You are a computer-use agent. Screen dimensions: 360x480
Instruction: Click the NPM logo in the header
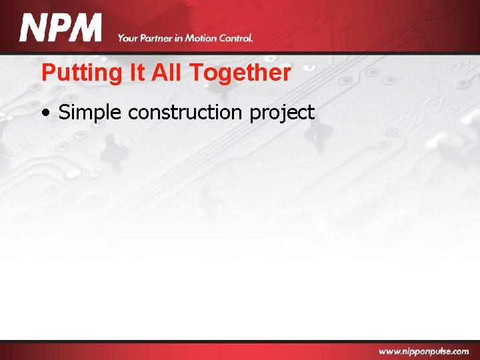pyautogui.click(x=61, y=29)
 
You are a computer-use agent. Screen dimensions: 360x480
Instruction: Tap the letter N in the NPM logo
pyautogui.click(x=33, y=29)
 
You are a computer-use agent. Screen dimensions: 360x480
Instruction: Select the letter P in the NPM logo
pyautogui.click(x=59, y=29)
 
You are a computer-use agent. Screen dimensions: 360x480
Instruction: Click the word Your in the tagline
pyautogui.click(x=127, y=38)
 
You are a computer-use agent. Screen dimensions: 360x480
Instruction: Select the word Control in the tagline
pyautogui.click(x=235, y=38)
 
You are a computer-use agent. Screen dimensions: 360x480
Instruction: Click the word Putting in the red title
pyautogui.click(x=73, y=73)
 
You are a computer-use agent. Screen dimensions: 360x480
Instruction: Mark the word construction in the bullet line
pyautogui.click(x=186, y=113)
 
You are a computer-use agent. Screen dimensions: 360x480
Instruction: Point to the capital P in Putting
pyautogui.click(x=47, y=72)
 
